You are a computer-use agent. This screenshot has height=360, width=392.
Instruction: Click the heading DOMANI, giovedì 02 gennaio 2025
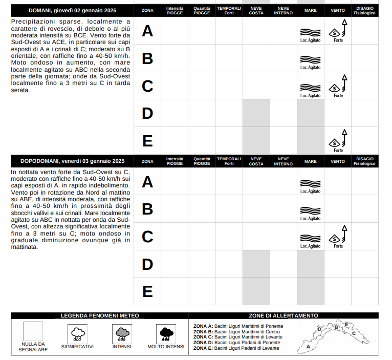[x=72, y=10]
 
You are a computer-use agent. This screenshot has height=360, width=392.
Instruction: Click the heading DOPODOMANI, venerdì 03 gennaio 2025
[x=72, y=161]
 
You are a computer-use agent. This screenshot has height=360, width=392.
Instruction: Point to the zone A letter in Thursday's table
[x=147, y=31]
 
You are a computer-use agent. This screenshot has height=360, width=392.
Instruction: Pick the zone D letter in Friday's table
[x=147, y=264]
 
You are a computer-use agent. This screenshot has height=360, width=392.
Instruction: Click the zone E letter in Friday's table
[x=147, y=291]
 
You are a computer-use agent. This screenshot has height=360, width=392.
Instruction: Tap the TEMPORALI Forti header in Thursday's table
[x=229, y=10]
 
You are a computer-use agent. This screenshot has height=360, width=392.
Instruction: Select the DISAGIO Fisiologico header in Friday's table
[x=365, y=161]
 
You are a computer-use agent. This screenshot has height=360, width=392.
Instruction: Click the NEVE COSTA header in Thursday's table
[x=256, y=10]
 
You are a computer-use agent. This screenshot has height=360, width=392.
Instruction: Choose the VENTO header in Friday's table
[x=338, y=161]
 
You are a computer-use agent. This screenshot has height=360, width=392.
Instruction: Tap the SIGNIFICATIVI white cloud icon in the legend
[x=78, y=334]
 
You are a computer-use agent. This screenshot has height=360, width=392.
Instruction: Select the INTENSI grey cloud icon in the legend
[x=122, y=334]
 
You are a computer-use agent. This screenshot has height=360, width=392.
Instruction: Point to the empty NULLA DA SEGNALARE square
[x=33, y=331]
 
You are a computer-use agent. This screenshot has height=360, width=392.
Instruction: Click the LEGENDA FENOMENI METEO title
[x=100, y=316]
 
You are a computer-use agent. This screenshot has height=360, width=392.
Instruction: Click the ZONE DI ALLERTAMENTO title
[x=283, y=316]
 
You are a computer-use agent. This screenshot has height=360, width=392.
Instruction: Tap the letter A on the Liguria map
[x=308, y=346]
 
